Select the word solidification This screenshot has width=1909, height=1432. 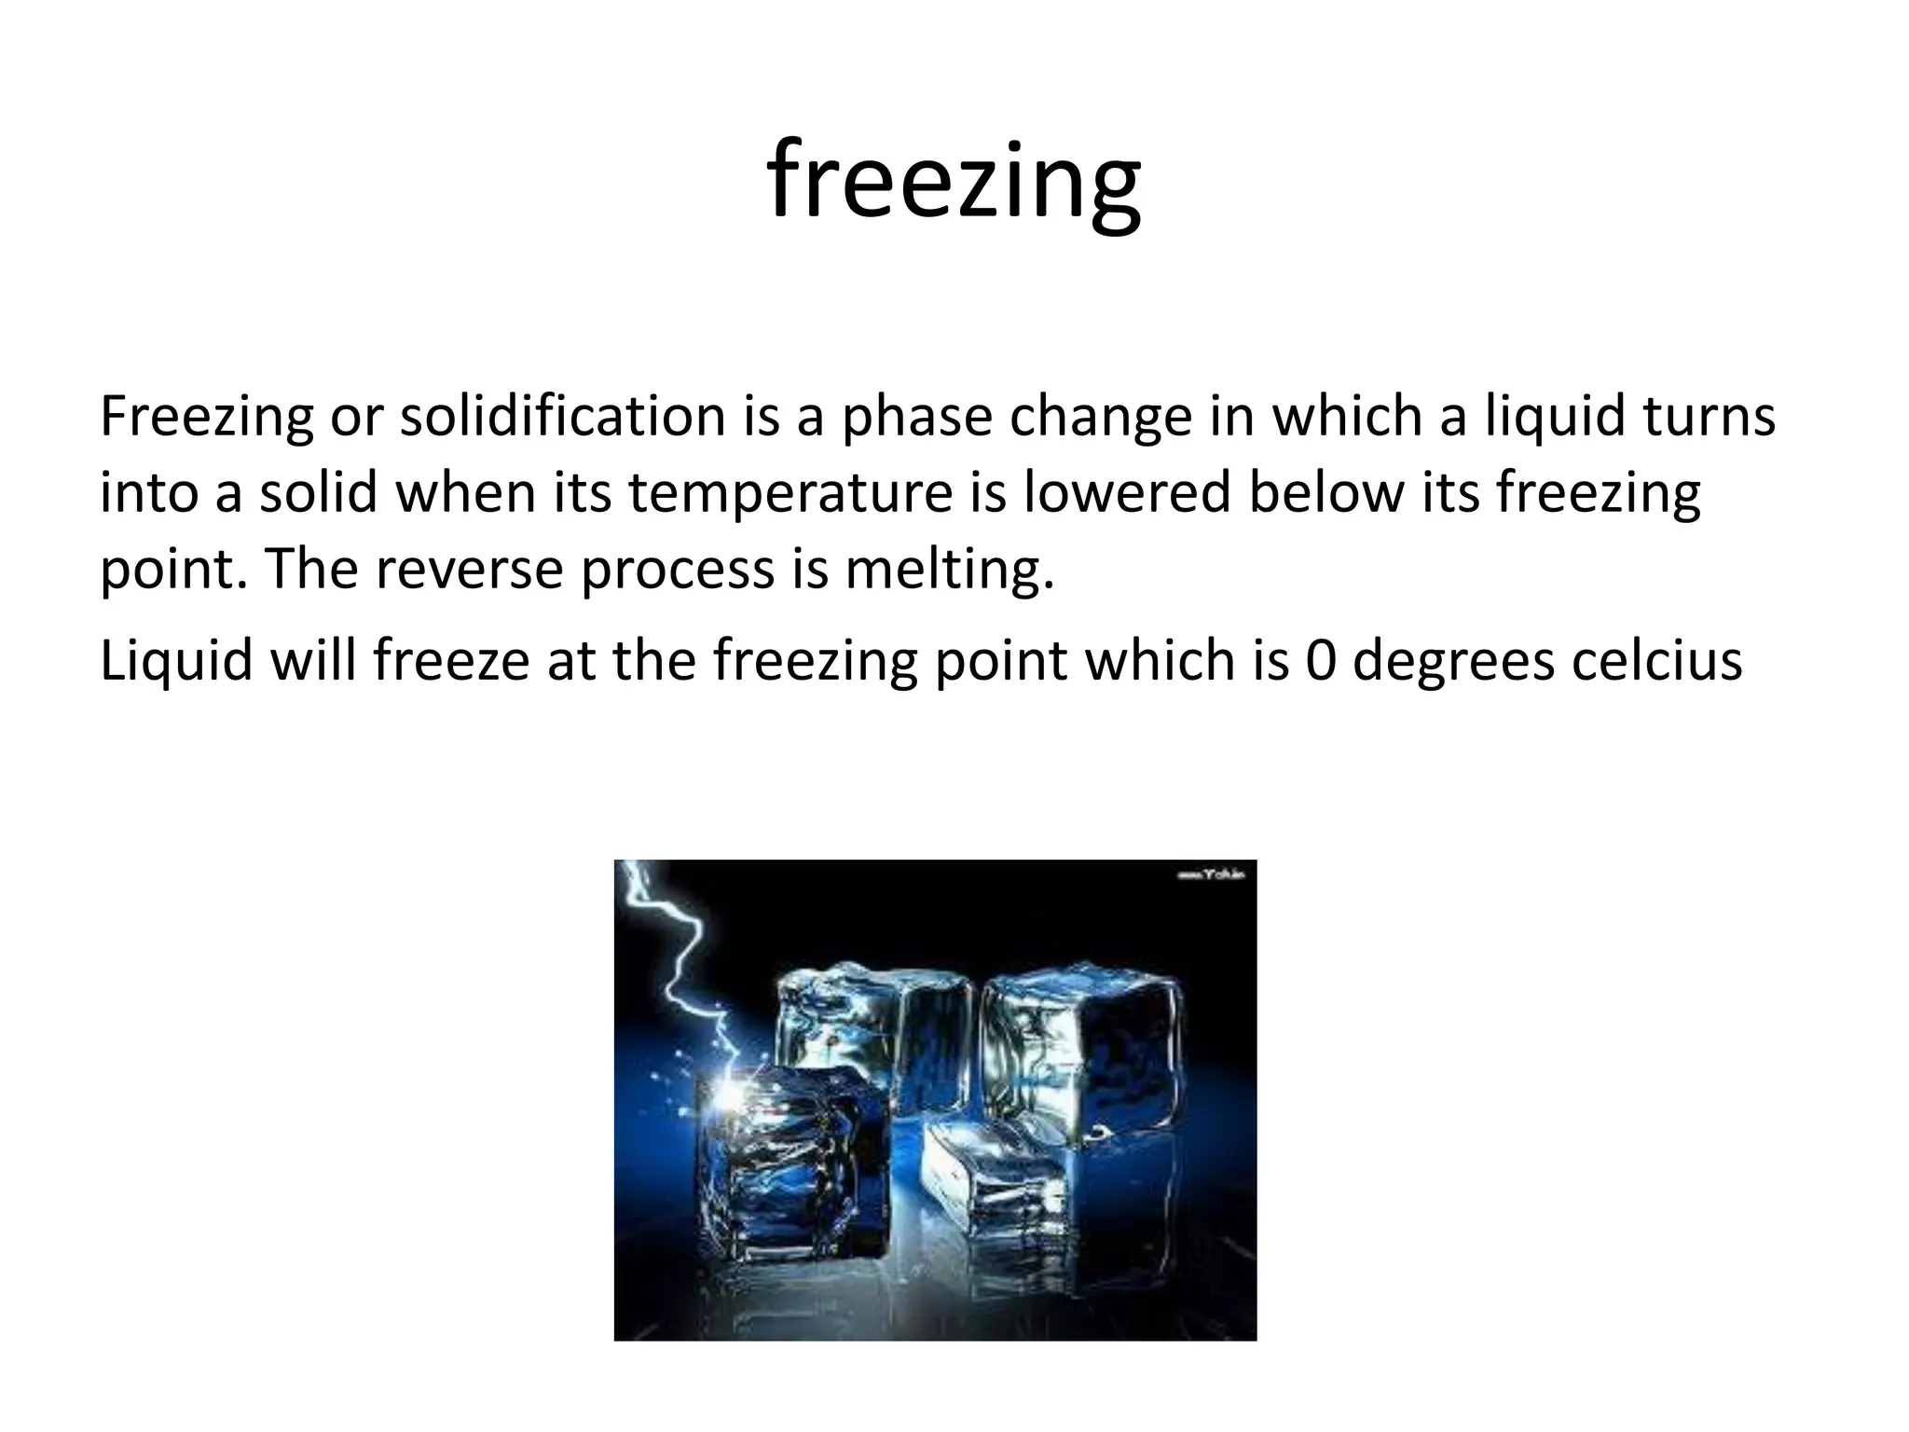coord(562,416)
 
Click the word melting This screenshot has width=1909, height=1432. coord(949,570)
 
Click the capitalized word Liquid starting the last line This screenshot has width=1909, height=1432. coord(176,660)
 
